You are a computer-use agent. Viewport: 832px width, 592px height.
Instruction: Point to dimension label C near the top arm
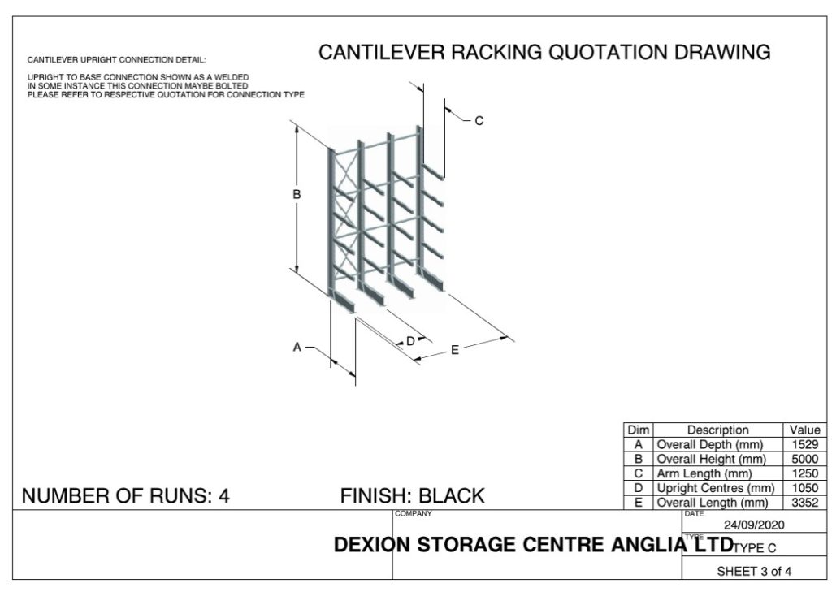[x=479, y=121]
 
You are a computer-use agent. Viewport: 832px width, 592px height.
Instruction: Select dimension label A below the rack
[x=297, y=347]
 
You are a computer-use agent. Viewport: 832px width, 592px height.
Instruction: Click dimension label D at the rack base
[x=410, y=341]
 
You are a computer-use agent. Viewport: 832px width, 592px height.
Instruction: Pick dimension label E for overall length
[x=455, y=350]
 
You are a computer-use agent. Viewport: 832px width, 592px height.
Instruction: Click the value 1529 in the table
[x=804, y=444]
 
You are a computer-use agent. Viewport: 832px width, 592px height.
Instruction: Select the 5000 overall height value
[x=804, y=459]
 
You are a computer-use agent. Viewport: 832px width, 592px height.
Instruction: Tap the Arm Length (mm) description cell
[x=704, y=473]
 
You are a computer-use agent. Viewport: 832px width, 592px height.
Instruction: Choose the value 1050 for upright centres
[x=804, y=488]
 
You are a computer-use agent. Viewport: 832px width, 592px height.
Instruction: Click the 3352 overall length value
[x=804, y=503]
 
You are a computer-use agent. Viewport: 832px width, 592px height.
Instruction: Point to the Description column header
[x=717, y=430]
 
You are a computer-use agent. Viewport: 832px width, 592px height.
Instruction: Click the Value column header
[x=804, y=430]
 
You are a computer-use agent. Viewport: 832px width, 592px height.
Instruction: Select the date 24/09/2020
[x=755, y=525]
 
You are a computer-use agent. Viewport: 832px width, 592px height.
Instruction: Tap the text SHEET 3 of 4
[x=754, y=571]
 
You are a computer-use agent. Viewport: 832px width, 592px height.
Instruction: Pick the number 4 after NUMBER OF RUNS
[x=224, y=495]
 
